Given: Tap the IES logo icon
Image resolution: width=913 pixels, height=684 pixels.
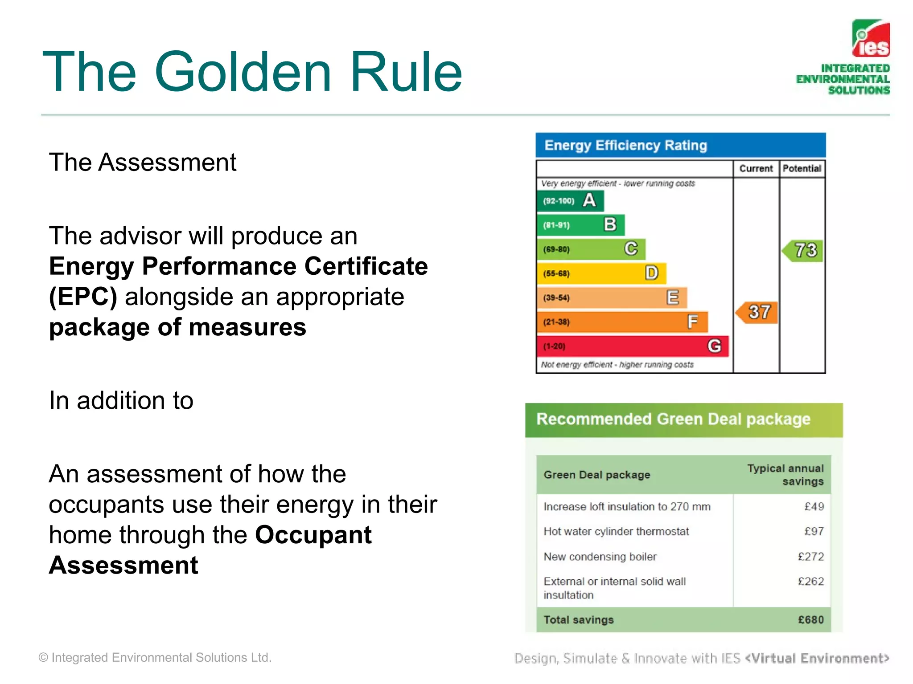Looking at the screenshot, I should tap(871, 38).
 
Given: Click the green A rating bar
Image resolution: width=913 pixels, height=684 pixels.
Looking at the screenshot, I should tap(570, 201).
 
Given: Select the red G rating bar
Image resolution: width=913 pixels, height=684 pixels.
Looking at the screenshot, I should tap(632, 346).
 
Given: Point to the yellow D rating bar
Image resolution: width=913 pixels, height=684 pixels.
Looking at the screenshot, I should tap(601, 273).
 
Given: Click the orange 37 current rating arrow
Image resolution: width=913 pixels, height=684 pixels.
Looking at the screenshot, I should tap(757, 312).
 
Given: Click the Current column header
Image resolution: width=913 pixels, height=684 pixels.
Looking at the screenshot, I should tap(756, 169).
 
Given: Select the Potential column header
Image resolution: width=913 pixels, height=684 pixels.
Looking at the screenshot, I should tap(802, 169).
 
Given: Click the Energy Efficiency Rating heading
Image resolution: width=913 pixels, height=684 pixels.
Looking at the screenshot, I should tap(625, 145).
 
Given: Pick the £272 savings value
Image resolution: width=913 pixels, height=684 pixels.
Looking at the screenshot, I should tap(810, 557).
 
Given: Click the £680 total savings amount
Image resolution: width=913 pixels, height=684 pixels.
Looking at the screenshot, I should tap(810, 620).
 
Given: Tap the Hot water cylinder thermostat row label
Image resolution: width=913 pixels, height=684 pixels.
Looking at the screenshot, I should tap(616, 531).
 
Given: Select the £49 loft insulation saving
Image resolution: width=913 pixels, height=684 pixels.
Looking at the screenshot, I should tap(814, 507).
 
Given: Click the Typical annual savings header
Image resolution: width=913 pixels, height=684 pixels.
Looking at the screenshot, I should tap(786, 475).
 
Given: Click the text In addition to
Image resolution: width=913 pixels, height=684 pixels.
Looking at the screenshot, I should tap(121, 400).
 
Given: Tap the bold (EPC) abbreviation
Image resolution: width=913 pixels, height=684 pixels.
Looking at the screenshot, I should tap(83, 297).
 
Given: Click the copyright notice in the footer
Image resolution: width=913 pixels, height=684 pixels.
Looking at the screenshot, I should tap(155, 657).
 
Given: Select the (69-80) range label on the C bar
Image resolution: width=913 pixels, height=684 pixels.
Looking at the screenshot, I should tap(556, 249).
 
